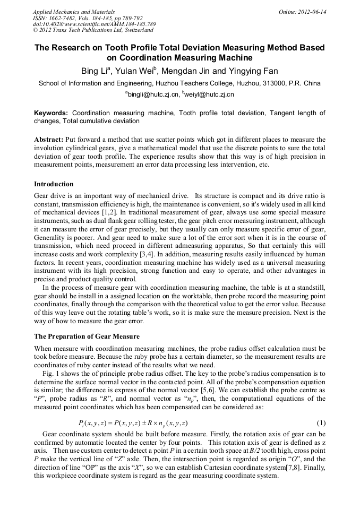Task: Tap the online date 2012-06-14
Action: pos(312,12)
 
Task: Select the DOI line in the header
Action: pos(95,24)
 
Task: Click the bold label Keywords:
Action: pos(51,114)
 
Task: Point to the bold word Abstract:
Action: pos(49,139)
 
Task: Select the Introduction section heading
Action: pos(54,184)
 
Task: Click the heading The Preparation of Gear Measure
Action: pos(87,336)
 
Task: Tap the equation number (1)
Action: pos(321,423)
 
